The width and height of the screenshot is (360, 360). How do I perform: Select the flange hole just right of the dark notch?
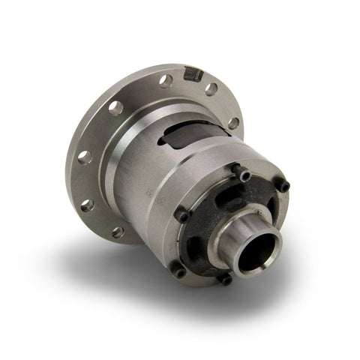(212, 89)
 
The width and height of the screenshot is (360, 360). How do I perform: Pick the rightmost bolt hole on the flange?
(234, 121)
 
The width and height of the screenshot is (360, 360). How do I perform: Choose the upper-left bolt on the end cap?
(181, 216)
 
